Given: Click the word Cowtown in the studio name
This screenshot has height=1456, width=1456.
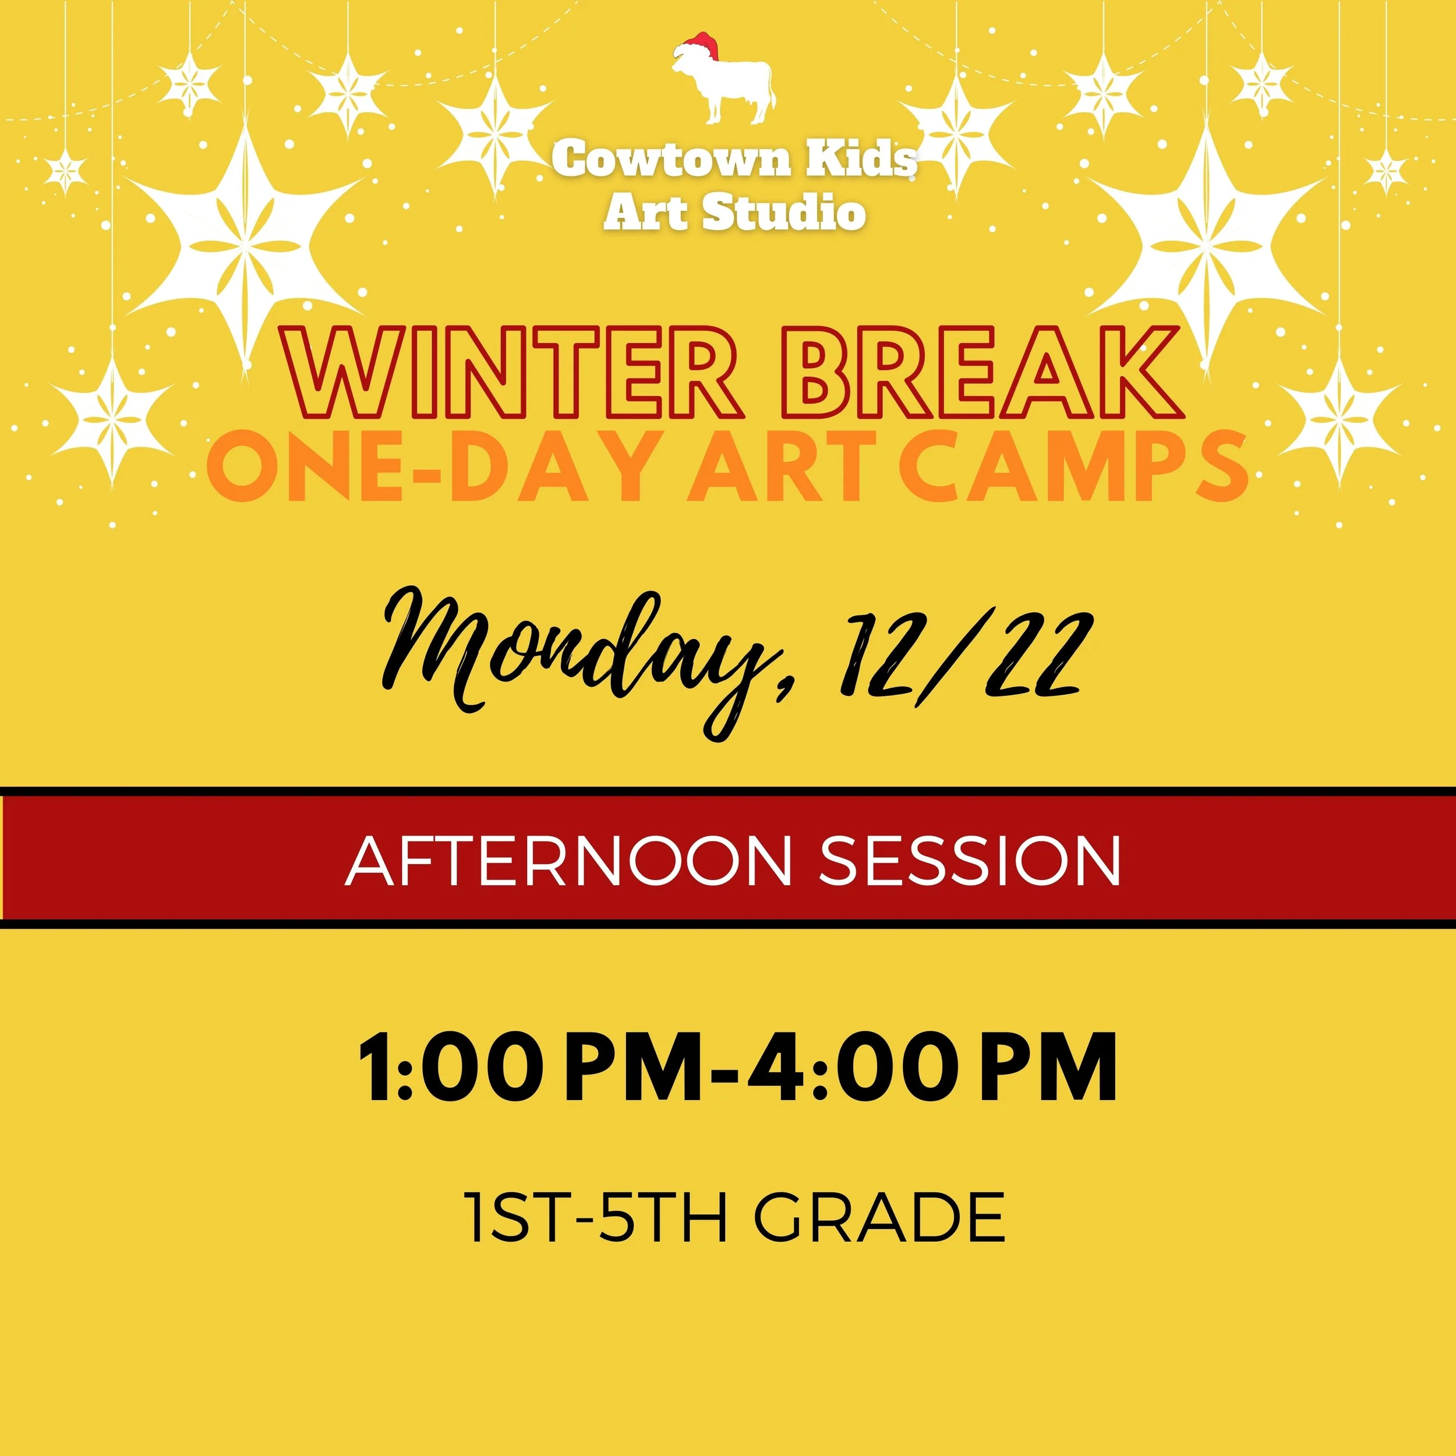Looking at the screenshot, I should tap(670, 159).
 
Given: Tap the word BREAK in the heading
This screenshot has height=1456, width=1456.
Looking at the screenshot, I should tap(980, 374).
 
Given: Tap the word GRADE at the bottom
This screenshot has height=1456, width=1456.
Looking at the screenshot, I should tap(879, 1218).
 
